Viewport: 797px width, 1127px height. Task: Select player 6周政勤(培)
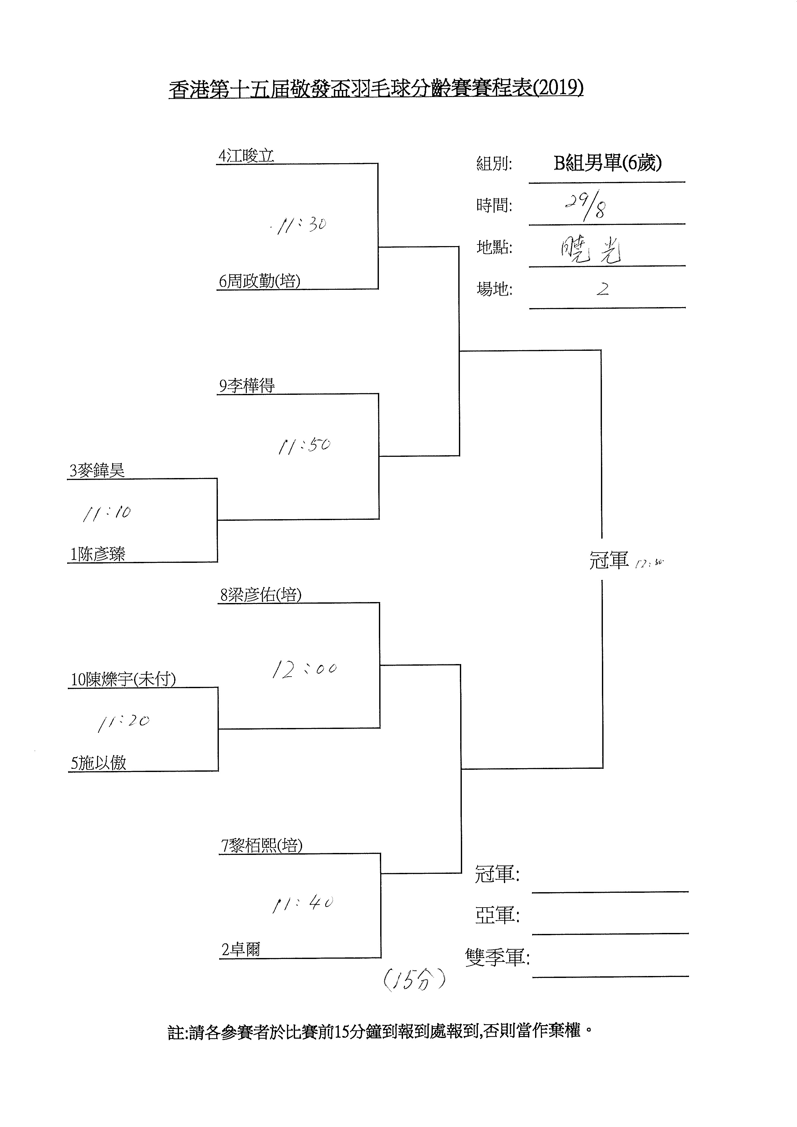click(259, 281)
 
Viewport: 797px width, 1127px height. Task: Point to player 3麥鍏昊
click(97, 470)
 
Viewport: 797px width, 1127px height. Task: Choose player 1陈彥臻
click(97, 554)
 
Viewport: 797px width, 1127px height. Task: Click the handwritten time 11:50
click(304, 446)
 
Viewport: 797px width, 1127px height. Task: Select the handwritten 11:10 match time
click(107, 513)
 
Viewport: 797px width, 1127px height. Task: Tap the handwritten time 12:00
click(304, 669)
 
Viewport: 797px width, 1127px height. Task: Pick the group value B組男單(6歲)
click(607, 163)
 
